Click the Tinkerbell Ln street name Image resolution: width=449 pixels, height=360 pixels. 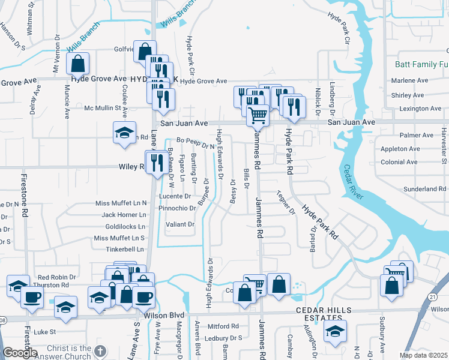tap(124, 249)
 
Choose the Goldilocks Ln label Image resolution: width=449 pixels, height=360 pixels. tap(125, 227)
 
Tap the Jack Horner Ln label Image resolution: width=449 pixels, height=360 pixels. tap(124, 214)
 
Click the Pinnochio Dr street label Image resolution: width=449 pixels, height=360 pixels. tap(178, 208)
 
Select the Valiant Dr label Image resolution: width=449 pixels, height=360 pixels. tap(180, 224)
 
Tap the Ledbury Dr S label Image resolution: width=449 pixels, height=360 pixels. tap(224, 338)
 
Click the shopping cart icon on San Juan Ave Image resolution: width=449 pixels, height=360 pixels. tap(258, 115)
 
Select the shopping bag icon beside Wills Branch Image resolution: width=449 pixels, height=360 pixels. tap(78, 63)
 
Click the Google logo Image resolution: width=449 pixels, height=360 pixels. tap(20, 353)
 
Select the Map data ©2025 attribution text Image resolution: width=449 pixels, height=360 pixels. tap(423, 355)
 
